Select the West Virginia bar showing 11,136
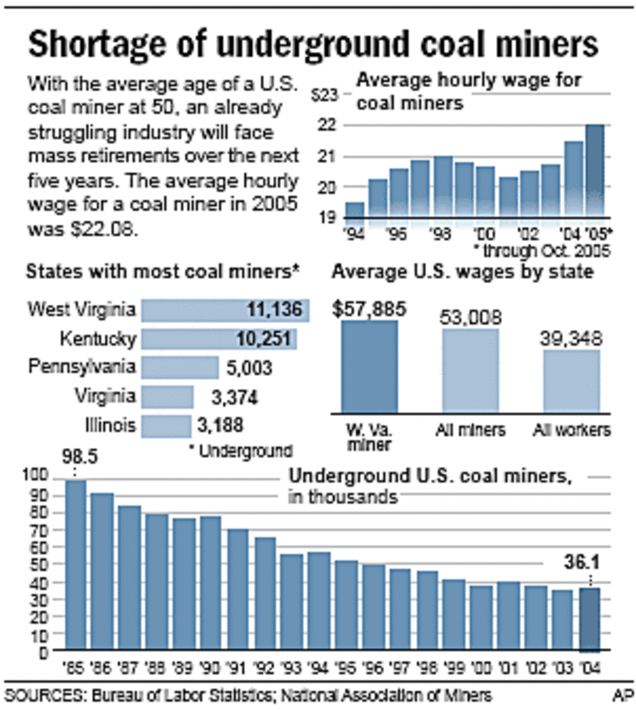coord(225,311)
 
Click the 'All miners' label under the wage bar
coord(469,430)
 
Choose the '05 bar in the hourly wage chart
coord(594,171)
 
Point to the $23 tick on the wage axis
coord(326,95)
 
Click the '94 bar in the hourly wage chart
coord(355,210)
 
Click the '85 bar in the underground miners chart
coord(76,565)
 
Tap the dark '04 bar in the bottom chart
coord(592,620)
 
